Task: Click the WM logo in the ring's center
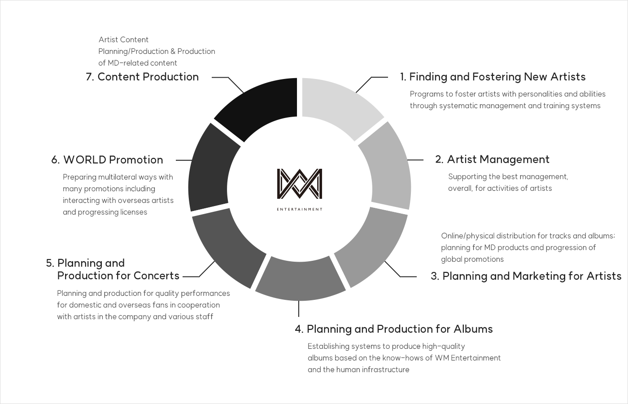pos(300,184)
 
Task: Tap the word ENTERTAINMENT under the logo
pos(300,209)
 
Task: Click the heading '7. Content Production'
pos(142,77)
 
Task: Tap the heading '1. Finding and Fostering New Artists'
pos(493,77)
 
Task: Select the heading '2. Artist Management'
pos(493,159)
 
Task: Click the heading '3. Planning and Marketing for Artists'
pos(526,276)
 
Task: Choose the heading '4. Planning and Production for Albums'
pos(394,329)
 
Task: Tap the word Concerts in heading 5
pos(157,276)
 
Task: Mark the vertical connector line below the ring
pos(299,309)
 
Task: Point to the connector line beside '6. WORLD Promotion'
pos(184,160)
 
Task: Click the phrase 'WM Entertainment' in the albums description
pos(468,358)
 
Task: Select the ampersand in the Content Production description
pos(173,51)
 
